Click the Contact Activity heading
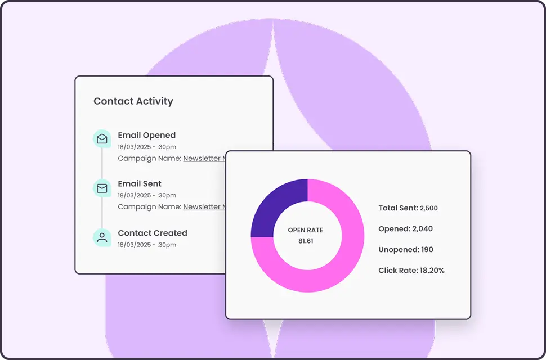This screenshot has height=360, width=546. pos(133,101)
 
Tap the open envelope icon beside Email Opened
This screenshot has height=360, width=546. pos(102,138)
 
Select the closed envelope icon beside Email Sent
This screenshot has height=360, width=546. pos(102,188)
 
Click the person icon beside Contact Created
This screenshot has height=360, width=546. pos(102,237)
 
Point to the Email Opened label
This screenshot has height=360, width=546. pos(146,135)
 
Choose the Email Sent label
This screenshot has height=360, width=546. pos(140,183)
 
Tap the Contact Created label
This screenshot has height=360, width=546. pos(152,233)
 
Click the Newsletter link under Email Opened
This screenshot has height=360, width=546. pos(204,158)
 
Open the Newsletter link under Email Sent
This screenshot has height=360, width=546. pos(204,206)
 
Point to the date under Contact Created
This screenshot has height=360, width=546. pos(147,245)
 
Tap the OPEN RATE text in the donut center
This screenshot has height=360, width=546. pos(306,230)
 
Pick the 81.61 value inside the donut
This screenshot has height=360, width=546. pos(306,241)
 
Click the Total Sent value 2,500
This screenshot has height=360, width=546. pos(429,208)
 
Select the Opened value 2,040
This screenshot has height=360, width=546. pos(422,229)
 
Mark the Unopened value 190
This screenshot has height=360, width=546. pos(428,250)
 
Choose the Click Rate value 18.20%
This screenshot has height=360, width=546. pos(432,271)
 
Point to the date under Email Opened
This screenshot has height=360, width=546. pos(147,146)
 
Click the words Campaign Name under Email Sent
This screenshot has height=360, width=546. pos(149,206)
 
